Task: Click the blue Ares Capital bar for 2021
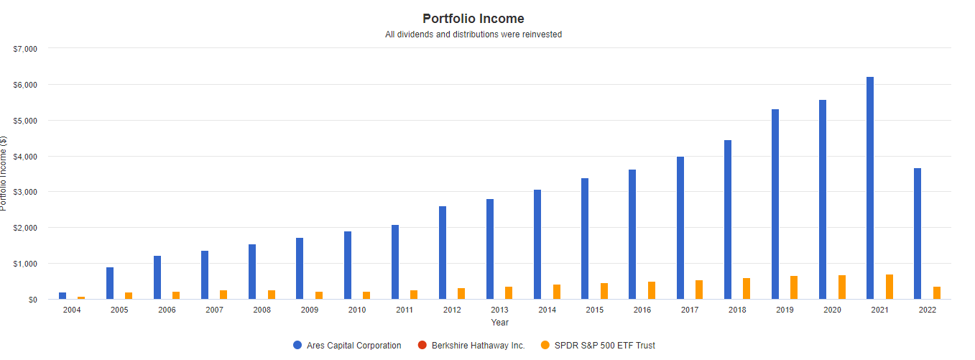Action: point(870,188)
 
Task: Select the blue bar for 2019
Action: point(775,204)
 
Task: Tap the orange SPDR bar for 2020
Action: point(842,287)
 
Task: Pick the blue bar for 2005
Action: point(110,283)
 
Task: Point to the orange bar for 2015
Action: point(604,291)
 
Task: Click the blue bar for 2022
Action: point(918,234)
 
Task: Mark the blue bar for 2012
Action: point(443,252)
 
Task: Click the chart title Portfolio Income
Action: point(473,19)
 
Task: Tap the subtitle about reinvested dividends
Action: point(473,34)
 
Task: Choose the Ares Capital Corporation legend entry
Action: point(347,346)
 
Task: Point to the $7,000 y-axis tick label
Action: point(25,49)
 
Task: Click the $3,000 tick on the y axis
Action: point(25,192)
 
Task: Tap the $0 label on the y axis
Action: point(32,300)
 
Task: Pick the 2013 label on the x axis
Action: point(499,310)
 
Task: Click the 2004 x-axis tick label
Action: point(72,310)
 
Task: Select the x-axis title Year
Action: point(500,323)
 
